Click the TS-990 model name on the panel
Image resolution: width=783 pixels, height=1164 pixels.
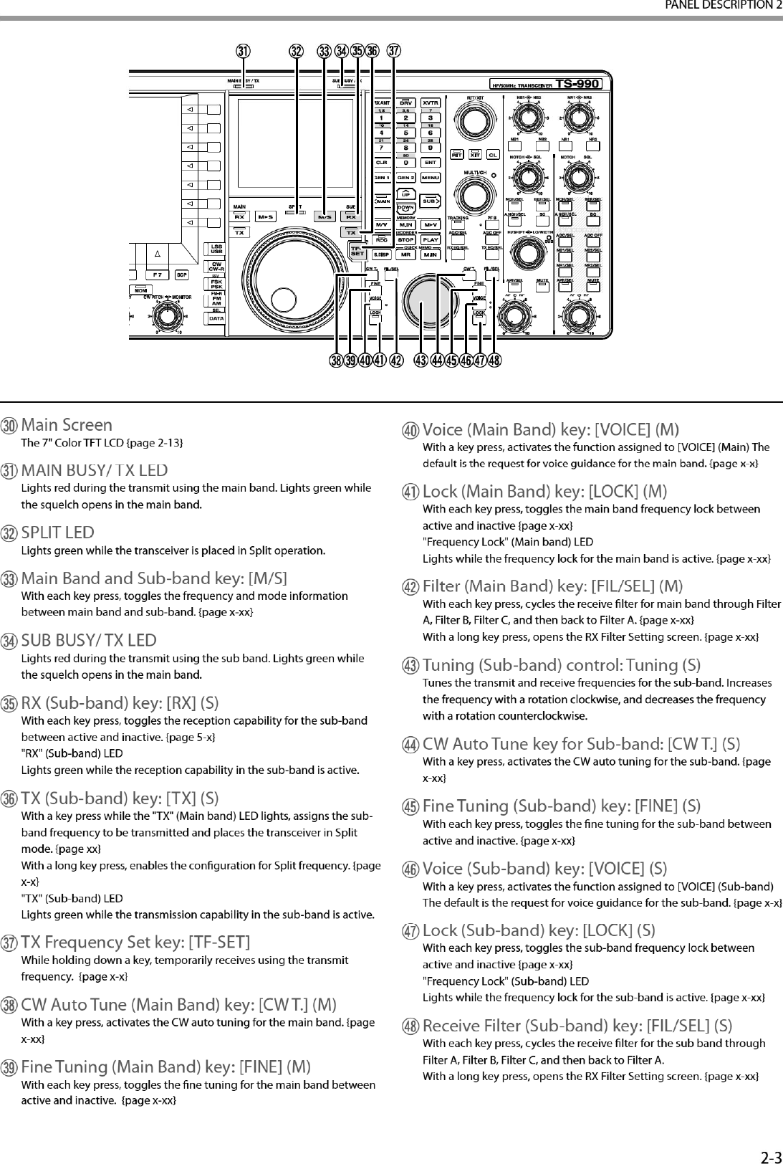[x=577, y=83]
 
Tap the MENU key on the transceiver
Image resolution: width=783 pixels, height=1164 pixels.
[x=431, y=177]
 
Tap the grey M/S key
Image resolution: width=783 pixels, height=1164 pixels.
[x=326, y=216]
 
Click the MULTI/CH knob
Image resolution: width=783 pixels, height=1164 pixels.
[x=475, y=193]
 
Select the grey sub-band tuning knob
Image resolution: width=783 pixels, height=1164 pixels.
[x=422, y=301]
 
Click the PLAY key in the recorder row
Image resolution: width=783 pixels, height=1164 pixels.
[x=431, y=240]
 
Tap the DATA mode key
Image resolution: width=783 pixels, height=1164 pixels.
[x=216, y=318]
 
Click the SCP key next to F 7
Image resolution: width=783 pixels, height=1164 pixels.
[x=183, y=275]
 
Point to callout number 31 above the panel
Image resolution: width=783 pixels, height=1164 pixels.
[x=244, y=52]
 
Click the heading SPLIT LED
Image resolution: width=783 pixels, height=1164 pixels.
[x=58, y=533]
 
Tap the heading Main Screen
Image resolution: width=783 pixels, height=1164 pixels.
[x=67, y=425]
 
